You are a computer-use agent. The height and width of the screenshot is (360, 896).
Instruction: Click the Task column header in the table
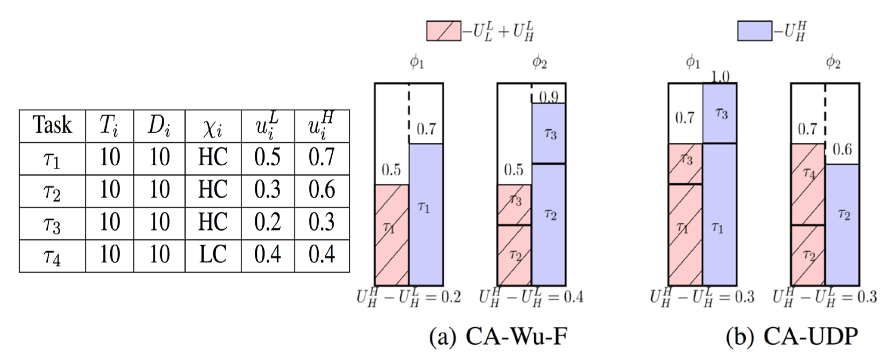[x=52, y=126]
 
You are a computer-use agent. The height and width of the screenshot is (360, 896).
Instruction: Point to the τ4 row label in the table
[x=52, y=256]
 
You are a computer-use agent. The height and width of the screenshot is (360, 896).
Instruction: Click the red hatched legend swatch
[x=444, y=31]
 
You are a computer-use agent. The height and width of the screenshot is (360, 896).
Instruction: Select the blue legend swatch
[x=755, y=31]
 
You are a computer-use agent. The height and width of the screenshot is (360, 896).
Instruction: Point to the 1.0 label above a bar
[x=720, y=77]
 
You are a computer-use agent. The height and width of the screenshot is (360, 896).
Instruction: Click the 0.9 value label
[x=549, y=97]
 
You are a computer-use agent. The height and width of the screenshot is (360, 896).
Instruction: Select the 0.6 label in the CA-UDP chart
[x=842, y=149]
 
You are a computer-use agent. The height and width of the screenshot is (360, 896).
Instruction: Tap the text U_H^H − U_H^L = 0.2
[x=409, y=297]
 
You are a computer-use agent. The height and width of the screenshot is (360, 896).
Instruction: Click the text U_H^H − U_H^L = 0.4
[x=531, y=297]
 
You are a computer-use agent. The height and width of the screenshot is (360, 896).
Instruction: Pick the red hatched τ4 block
[x=808, y=184]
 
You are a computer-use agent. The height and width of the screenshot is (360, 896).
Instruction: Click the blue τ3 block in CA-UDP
[x=720, y=113]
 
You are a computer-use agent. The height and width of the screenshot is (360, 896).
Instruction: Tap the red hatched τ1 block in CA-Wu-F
[x=392, y=235]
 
